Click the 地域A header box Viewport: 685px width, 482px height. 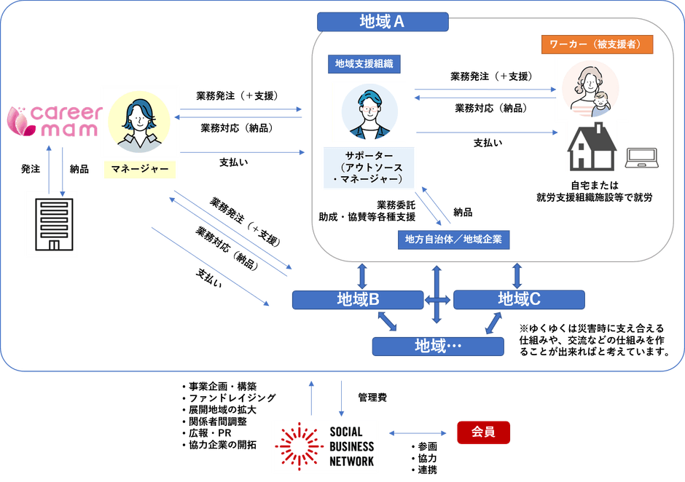[382, 21]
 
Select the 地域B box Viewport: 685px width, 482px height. [357, 299]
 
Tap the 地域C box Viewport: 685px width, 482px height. [519, 299]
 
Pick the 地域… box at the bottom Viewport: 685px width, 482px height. [438, 345]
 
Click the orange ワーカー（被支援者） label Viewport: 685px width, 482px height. [596, 44]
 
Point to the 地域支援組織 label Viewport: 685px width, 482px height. [364, 63]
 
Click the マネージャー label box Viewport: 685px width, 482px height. [140, 170]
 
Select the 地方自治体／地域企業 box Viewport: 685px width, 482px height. [453, 239]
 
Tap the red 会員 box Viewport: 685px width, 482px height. [483, 432]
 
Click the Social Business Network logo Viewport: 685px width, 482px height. [326, 446]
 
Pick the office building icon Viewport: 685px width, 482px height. [52, 224]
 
